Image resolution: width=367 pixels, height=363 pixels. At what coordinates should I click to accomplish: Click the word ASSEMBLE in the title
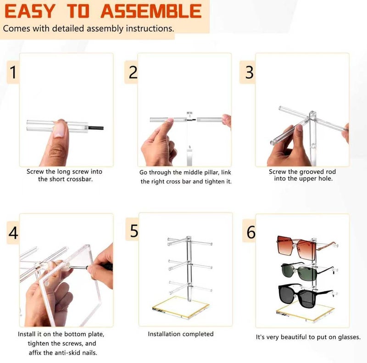pos(151,11)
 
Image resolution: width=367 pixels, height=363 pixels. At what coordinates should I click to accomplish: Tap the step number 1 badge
pos(13,72)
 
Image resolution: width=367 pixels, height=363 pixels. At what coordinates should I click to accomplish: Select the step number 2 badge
pos(131,72)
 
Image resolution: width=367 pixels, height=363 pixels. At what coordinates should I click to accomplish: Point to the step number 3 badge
pos(248,72)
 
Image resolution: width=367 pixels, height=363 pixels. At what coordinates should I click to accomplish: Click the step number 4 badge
pos(13,233)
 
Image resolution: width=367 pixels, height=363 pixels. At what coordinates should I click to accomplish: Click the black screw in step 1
pos(96,128)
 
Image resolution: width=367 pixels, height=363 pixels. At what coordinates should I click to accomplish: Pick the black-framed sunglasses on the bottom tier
pos(304,296)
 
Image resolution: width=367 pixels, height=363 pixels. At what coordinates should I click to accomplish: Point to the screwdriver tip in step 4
pos(70,267)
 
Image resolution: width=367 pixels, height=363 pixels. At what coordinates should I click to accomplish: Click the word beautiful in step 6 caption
pos(294,337)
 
